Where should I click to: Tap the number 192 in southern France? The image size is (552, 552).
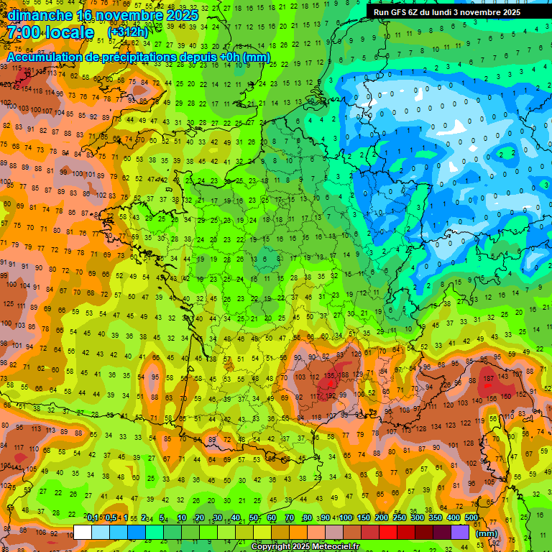click(x=331, y=395)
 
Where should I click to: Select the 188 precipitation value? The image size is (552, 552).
click(x=346, y=375)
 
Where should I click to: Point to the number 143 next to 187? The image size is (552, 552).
click(x=505, y=377)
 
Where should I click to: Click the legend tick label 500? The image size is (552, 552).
click(x=471, y=517)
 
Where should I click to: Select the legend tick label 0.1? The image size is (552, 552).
click(x=93, y=517)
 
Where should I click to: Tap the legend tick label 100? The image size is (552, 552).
click(x=346, y=517)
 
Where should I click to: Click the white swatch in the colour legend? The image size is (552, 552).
click(x=83, y=533)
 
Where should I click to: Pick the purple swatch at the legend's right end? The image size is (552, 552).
click(x=461, y=533)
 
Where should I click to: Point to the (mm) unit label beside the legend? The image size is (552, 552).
click(x=487, y=533)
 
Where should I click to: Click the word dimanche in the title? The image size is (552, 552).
click(x=40, y=14)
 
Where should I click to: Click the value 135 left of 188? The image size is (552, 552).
click(x=330, y=375)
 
